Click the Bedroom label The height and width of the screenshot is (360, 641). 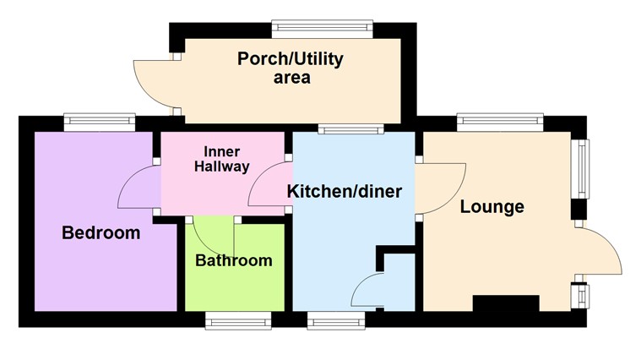coord(100,233)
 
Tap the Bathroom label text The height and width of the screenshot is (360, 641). coord(234,260)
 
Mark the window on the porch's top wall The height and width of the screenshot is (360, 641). coord(322,28)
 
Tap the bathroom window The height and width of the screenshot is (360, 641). coord(238,319)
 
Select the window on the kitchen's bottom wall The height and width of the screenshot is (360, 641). coord(336,319)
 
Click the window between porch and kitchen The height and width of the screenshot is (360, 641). coord(350,129)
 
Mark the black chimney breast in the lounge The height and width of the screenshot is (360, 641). coord(505,304)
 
